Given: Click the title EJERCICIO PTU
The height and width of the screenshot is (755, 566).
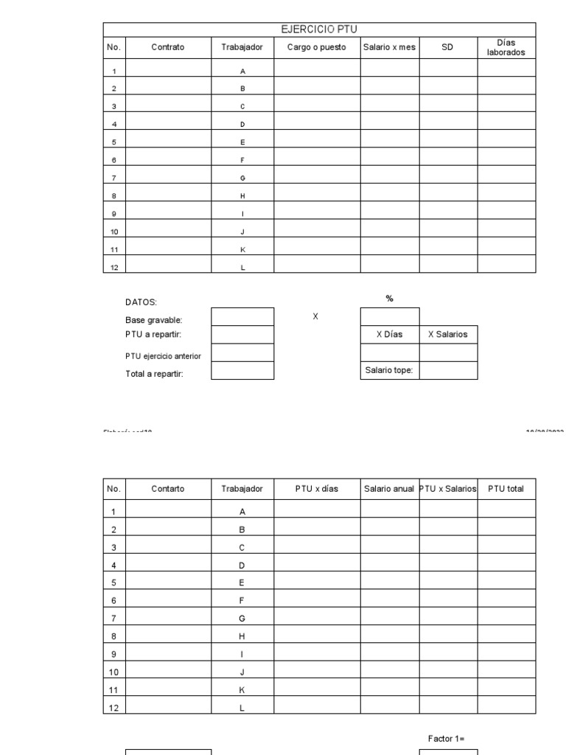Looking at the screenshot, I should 319,29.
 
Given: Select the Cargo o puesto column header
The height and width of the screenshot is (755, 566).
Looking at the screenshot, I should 317,48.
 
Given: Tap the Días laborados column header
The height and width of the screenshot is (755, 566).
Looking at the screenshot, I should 506,48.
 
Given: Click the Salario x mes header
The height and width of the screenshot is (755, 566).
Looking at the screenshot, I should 389,48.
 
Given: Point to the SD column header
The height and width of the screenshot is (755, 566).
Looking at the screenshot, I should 448,48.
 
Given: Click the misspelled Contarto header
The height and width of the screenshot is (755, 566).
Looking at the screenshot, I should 168,489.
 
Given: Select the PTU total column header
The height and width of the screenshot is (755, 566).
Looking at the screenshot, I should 506,489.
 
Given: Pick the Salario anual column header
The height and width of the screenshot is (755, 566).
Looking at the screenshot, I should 389,489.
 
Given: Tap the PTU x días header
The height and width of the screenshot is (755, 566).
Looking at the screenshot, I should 317,489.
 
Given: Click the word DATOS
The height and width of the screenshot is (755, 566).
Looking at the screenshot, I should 141,302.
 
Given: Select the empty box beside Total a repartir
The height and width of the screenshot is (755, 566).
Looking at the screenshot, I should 242,370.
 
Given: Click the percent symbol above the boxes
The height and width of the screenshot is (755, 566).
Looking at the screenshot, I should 390,299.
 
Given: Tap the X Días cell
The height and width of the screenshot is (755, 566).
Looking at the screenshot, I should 390,334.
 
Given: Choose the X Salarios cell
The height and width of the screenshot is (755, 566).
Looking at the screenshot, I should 448,334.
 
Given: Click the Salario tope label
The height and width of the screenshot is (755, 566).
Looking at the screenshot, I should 389,370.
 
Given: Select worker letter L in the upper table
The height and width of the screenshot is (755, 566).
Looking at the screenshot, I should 242,268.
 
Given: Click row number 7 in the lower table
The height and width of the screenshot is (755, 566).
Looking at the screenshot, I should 113,618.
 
